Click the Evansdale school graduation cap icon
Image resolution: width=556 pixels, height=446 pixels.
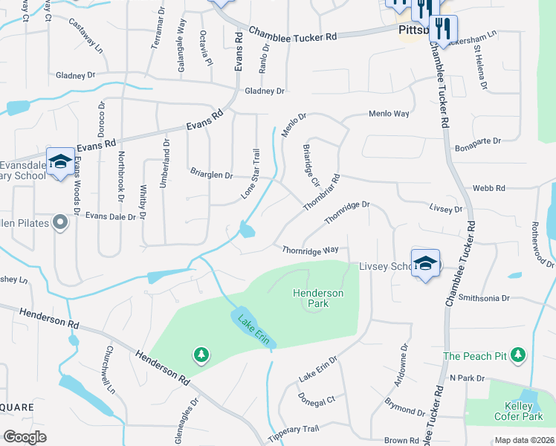[60, 161]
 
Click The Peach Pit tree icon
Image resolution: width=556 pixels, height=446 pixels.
[520, 356]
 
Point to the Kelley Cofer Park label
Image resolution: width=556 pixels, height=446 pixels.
[517, 411]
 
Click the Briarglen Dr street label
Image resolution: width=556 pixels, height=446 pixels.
[211, 175]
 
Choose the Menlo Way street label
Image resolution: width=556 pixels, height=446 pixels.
[389, 114]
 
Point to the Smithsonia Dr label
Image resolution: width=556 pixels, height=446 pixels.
[485, 297]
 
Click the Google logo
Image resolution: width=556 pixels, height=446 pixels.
[25, 437]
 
